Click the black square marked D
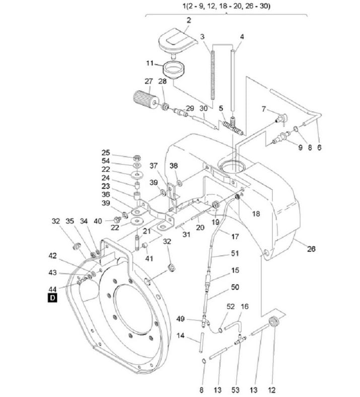pos(52,297)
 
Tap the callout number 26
pos(311,249)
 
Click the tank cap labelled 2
pos(176,42)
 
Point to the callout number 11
pos(151,63)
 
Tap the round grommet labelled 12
pos(274,322)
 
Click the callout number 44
pos(52,289)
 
